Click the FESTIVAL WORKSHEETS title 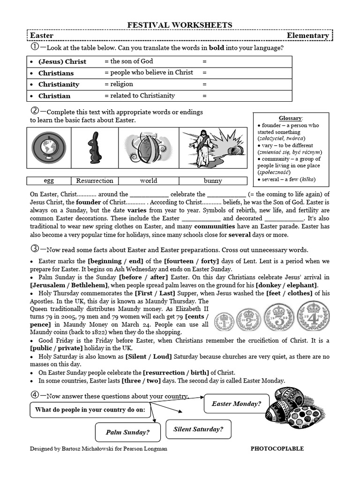point(180,25)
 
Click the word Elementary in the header point(307,36)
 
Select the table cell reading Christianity point(59,84)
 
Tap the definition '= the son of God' point(128,61)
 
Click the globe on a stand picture point(49,148)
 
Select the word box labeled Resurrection point(95,180)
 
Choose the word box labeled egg point(49,180)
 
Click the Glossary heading point(291,118)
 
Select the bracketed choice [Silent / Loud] point(149,357)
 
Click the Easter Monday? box point(236,404)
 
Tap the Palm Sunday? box point(127,432)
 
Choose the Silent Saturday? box point(198,429)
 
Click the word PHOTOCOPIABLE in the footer point(277,449)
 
